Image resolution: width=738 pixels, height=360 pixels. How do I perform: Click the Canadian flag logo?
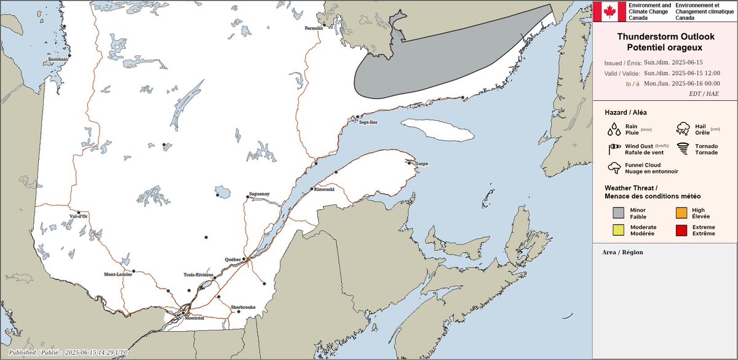(609, 12)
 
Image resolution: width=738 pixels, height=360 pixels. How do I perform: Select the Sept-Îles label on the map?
(368, 122)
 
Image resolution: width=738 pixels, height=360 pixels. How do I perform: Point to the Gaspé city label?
(421, 164)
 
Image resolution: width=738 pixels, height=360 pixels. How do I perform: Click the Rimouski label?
(323, 189)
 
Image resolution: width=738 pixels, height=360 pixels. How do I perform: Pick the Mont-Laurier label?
(117, 274)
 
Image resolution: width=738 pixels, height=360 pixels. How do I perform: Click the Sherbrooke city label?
(242, 306)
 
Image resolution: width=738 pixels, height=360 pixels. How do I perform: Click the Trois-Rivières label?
(198, 274)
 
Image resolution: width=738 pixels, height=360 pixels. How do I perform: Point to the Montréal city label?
(194, 318)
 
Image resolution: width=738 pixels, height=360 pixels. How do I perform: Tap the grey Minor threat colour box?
(618, 213)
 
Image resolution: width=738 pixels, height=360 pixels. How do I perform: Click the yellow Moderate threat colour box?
(618, 231)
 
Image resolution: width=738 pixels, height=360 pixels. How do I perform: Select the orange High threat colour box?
(681, 213)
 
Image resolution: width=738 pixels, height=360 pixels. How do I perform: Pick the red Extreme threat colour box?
(681, 231)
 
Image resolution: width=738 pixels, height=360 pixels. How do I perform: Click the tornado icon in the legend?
(682, 148)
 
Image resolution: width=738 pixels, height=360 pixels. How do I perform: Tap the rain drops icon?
(614, 129)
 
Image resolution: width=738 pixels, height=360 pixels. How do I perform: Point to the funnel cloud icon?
(614, 168)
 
